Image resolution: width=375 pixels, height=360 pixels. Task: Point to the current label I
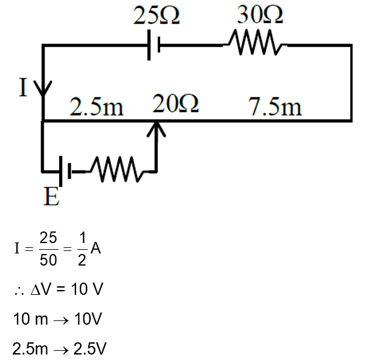click(x=23, y=88)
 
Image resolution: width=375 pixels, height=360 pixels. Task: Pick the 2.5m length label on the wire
click(x=96, y=108)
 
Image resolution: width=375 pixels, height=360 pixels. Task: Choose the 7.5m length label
click(x=275, y=107)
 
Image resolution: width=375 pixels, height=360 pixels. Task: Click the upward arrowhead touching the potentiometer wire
click(x=156, y=129)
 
